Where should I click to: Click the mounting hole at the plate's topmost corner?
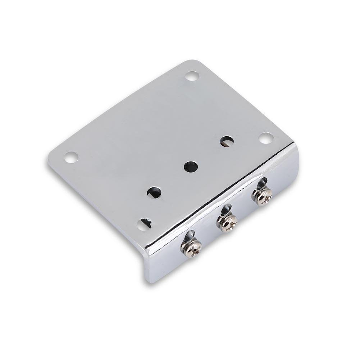[x=192, y=76]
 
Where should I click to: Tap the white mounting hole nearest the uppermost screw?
[x=266, y=138]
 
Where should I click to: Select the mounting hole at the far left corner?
[x=71, y=157]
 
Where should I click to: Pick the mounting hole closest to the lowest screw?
[x=144, y=224]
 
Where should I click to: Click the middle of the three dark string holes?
[x=191, y=167]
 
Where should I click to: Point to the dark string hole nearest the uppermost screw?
[x=227, y=141]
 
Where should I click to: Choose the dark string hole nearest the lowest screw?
[x=154, y=193]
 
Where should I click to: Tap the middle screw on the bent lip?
[x=227, y=222]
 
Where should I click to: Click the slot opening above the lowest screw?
[x=190, y=235]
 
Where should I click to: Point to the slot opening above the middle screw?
[x=226, y=209]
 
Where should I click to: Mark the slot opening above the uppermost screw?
[x=262, y=183]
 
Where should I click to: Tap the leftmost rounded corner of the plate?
[x=50, y=158]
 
